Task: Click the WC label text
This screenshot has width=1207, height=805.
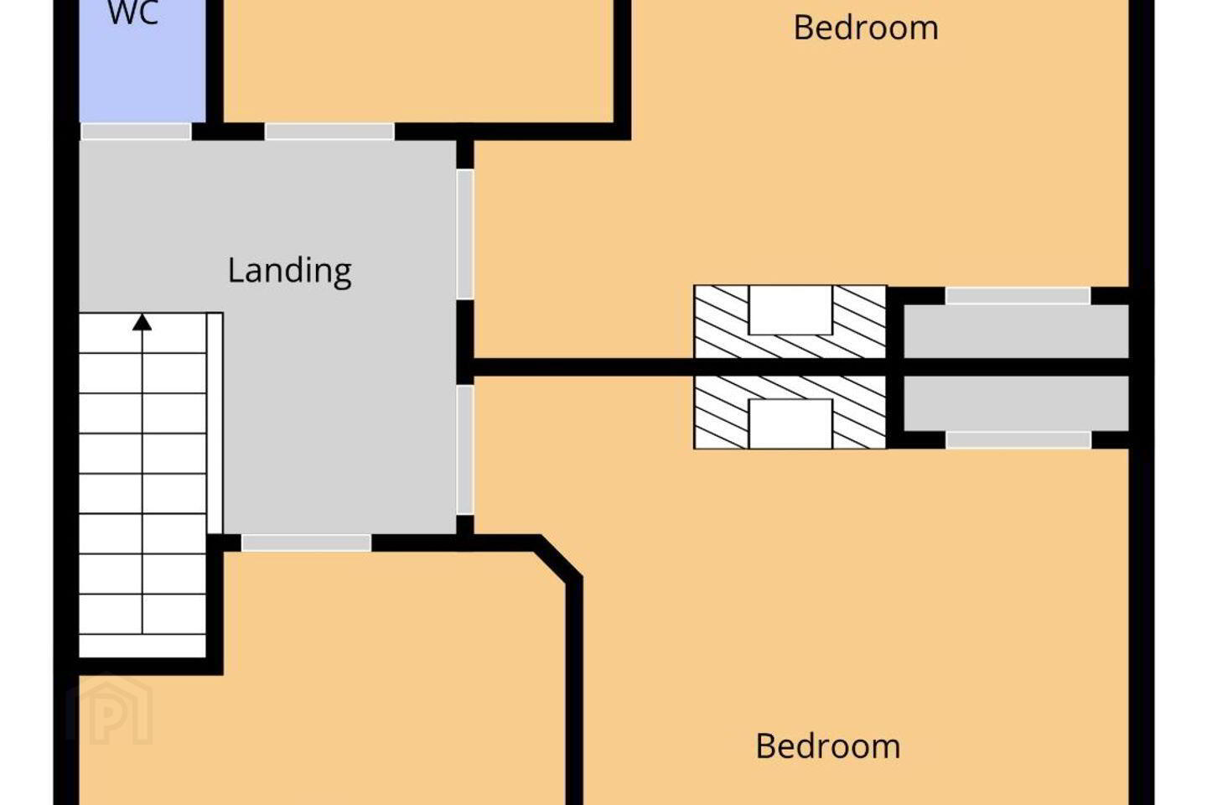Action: [133, 13]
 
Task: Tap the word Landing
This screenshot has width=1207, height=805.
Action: [289, 271]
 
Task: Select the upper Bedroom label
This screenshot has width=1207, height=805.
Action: [866, 28]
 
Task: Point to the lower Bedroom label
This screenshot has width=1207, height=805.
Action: [828, 746]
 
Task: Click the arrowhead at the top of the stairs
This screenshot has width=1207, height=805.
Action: [142, 322]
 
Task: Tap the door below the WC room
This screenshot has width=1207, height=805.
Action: [136, 132]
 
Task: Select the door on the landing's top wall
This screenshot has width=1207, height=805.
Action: [329, 132]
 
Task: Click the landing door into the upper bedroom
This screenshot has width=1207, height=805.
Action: [465, 235]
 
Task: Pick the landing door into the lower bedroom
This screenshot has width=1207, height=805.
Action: [465, 449]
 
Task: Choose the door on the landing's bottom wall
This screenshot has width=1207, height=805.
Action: [307, 543]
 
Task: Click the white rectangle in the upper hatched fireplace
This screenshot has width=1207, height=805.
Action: [790, 310]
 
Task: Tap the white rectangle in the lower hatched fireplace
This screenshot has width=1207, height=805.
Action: [790, 423]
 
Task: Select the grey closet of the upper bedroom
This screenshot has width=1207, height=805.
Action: [1016, 331]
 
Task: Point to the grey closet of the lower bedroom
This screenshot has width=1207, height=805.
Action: [1016, 403]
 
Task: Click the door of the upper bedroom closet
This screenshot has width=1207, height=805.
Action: [1018, 296]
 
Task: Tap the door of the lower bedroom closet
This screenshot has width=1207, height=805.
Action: [1018, 439]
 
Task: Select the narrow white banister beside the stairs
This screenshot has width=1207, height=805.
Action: [215, 423]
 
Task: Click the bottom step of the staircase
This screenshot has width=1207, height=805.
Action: [142, 646]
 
